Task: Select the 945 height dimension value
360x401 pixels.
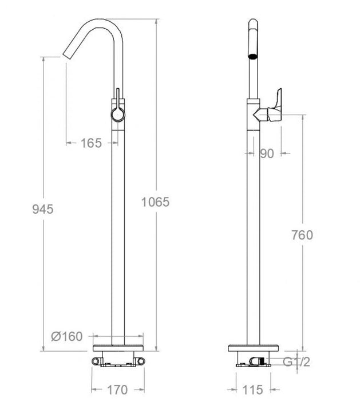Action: coord(42,209)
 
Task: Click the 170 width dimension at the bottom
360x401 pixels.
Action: coord(117,390)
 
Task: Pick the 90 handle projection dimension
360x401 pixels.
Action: coord(267,153)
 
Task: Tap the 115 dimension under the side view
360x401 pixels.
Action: coord(253,390)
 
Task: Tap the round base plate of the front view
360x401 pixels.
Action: coord(117,351)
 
